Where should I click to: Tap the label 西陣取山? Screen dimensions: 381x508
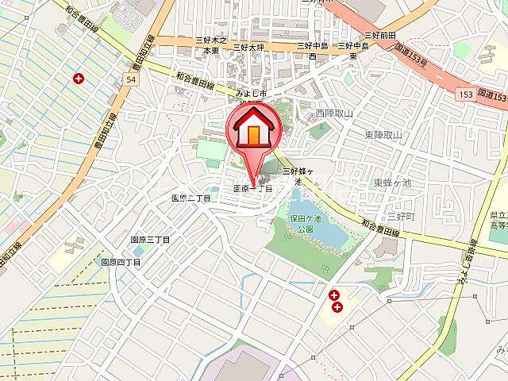pos(333,114)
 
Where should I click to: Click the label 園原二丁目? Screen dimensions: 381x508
pos(191,198)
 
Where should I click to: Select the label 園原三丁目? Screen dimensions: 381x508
pos(150,239)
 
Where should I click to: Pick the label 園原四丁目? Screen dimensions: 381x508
pos(121,261)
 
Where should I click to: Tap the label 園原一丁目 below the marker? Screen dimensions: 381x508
pos(252,190)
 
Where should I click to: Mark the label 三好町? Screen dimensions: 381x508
pos(401,216)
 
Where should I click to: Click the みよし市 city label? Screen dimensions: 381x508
pos(248,94)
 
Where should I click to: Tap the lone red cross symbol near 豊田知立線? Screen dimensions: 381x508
pos(78,78)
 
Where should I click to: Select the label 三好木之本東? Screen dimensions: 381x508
pos(210,44)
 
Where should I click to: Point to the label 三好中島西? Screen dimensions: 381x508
pos(312,51)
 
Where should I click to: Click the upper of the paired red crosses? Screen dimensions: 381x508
pos(333,295)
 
